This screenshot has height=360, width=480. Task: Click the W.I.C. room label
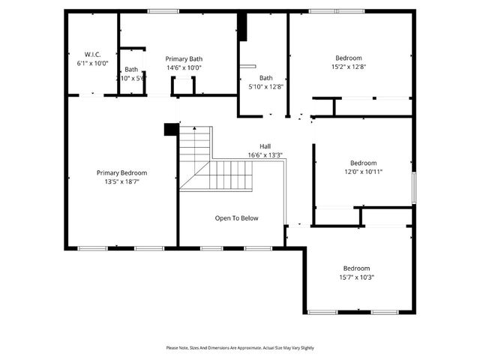(x=93, y=54)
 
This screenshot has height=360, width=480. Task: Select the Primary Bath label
(x=184, y=58)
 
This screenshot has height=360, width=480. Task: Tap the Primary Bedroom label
(x=121, y=172)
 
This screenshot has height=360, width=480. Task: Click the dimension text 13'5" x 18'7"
(x=121, y=181)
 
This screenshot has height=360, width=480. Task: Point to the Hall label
(x=265, y=146)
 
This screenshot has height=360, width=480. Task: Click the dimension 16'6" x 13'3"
(x=265, y=155)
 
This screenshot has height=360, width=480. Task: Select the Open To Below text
(x=236, y=218)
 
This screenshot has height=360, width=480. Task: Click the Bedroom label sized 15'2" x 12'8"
(x=349, y=58)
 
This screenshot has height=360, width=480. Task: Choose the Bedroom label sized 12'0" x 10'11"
(x=364, y=163)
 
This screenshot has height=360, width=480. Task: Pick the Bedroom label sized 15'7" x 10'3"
(x=357, y=268)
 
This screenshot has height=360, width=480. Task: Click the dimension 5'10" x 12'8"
(x=266, y=87)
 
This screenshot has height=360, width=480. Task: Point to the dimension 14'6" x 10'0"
(x=184, y=67)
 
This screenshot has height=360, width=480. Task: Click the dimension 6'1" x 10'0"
(x=93, y=64)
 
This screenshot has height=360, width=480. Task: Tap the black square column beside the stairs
(x=171, y=129)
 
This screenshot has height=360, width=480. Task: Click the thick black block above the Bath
(x=242, y=27)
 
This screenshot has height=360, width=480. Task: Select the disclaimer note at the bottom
(x=240, y=348)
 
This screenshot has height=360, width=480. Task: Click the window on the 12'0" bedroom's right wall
(x=412, y=187)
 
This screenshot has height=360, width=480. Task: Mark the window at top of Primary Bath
(x=158, y=10)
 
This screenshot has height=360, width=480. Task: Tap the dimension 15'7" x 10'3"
(x=357, y=277)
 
